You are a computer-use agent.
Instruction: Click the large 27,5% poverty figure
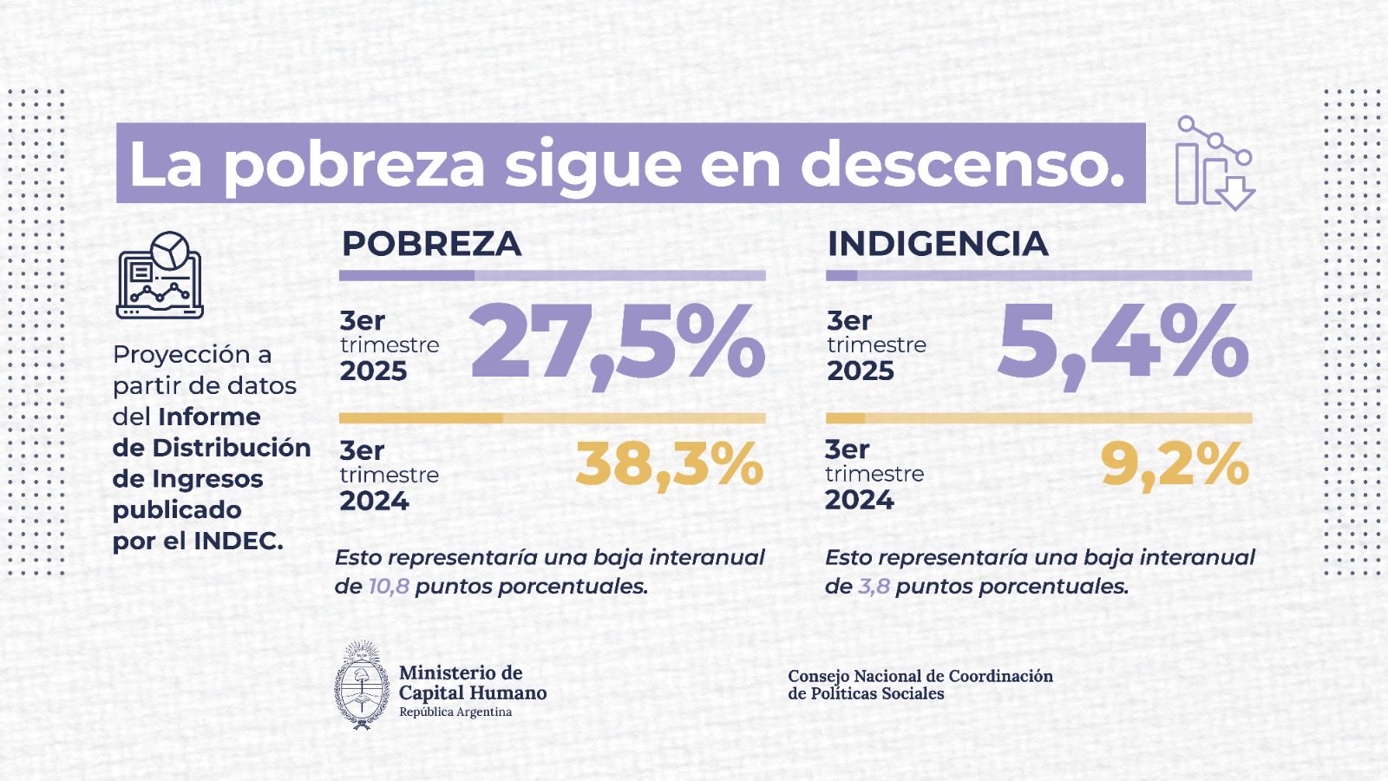617,343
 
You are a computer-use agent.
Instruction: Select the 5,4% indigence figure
1123,343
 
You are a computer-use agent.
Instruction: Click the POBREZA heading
431,244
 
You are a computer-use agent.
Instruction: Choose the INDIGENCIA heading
938,244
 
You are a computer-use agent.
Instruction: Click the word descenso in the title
962,164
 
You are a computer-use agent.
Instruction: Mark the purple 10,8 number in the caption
389,587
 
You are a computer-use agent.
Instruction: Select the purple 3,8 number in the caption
874,587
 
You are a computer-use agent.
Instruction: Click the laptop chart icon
160,275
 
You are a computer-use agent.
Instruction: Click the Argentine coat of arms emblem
362,686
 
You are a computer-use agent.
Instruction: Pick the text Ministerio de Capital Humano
472,683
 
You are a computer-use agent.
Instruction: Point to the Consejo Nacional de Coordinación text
920,676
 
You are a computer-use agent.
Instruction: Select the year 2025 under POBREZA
373,371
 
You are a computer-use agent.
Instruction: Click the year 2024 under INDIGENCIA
859,501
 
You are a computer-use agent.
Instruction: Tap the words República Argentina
455,712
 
